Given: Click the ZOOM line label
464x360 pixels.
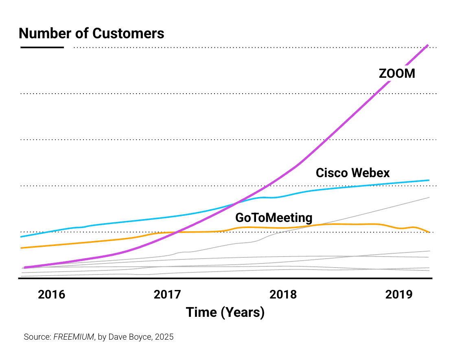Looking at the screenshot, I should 397,73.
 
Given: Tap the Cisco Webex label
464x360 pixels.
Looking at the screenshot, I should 352,173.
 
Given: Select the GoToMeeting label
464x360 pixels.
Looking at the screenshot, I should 274,217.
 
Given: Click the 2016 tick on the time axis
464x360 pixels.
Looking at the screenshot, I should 51,294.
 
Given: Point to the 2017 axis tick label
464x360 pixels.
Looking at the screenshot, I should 167,294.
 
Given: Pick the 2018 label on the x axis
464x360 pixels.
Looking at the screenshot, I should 283,294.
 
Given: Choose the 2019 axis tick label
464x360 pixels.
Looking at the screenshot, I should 399,294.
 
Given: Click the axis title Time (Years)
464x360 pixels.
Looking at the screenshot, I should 225,312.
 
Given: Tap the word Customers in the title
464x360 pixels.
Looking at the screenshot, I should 128,33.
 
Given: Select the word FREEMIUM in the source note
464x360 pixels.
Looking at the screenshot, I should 74,337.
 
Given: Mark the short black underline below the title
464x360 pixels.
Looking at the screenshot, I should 42,48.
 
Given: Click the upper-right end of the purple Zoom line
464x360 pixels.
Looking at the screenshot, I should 428,45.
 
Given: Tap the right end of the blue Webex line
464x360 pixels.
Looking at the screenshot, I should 429,180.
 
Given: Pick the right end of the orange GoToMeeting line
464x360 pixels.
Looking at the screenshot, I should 429,232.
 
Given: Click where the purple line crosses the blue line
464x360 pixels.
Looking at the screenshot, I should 236,202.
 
